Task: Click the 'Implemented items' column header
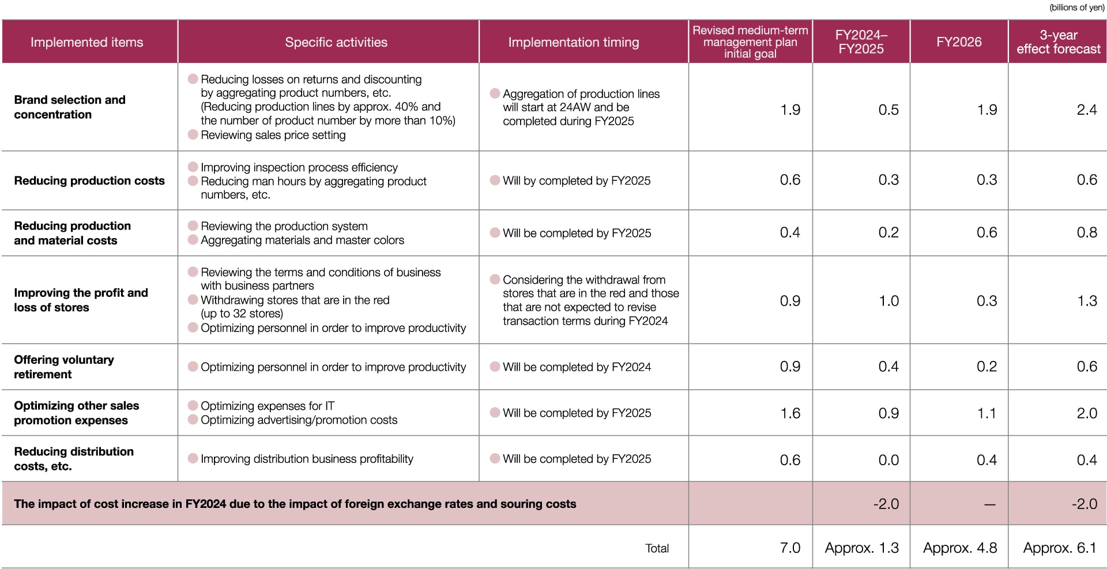pyautogui.click(x=86, y=42)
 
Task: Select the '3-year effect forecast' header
pyautogui.click(x=1058, y=42)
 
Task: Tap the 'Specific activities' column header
pyautogui.click(x=336, y=42)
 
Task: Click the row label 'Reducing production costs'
pyautogui.click(x=89, y=180)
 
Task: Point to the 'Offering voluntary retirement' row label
pyautogui.click(x=64, y=367)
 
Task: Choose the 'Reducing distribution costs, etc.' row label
pyautogui.click(x=74, y=459)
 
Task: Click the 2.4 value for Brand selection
pyautogui.click(x=1086, y=110)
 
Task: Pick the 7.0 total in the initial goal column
pyautogui.click(x=790, y=548)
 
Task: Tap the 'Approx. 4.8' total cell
pyautogui.click(x=960, y=548)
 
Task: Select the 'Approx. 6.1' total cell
pyautogui.click(x=1060, y=548)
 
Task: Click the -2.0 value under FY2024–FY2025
pyautogui.click(x=886, y=504)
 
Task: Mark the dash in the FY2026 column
pyautogui.click(x=989, y=504)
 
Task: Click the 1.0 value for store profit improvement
pyautogui.click(x=888, y=301)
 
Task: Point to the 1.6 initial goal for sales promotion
pyautogui.click(x=790, y=413)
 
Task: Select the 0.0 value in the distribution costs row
pyautogui.click(x=888, y=459)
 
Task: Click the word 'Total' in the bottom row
pyautogui.click(x=657, y=548)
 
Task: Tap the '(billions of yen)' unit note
pyautogui.click(x=1076, y=7)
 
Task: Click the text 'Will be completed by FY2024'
pyautogui.click(x=577, y=367)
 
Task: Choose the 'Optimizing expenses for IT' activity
pyautogui.click(x=268, y=406)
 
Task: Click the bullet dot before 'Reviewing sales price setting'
pyautogui.click(x=193, y=134)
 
